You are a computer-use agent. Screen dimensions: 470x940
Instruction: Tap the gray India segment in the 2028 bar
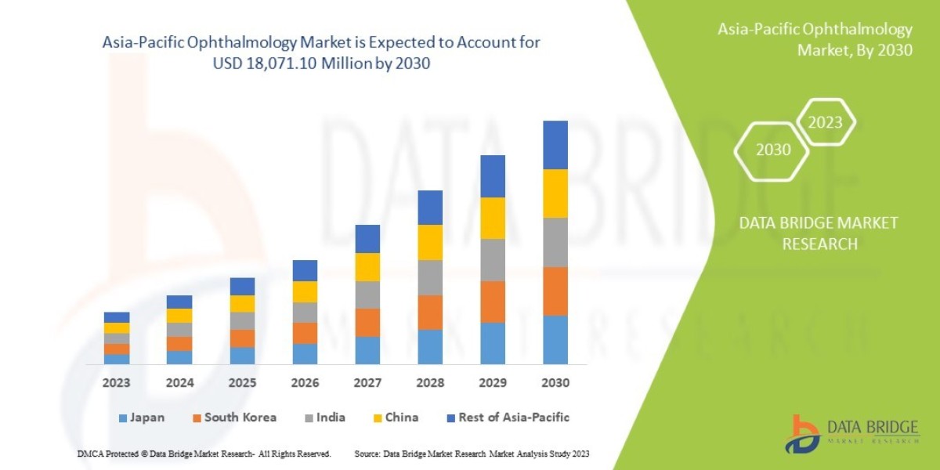[430, 277]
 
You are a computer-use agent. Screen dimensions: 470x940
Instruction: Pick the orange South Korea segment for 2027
[367, 323]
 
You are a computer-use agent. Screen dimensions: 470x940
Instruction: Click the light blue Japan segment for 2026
[305, 354]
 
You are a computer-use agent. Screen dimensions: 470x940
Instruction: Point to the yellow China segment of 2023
[117, 328]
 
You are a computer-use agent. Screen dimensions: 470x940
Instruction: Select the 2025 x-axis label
[242, 384]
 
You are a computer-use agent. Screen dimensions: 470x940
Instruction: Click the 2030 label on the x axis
[555, 384]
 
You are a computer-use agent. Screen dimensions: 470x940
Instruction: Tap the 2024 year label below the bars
[179, 384]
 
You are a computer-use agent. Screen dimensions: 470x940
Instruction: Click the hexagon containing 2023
[825, 123]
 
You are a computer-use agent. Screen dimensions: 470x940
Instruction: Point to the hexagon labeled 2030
[772, 150]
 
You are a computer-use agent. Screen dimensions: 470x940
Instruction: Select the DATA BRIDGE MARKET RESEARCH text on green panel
[819, 233]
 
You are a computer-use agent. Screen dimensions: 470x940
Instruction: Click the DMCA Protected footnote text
[204, 454]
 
